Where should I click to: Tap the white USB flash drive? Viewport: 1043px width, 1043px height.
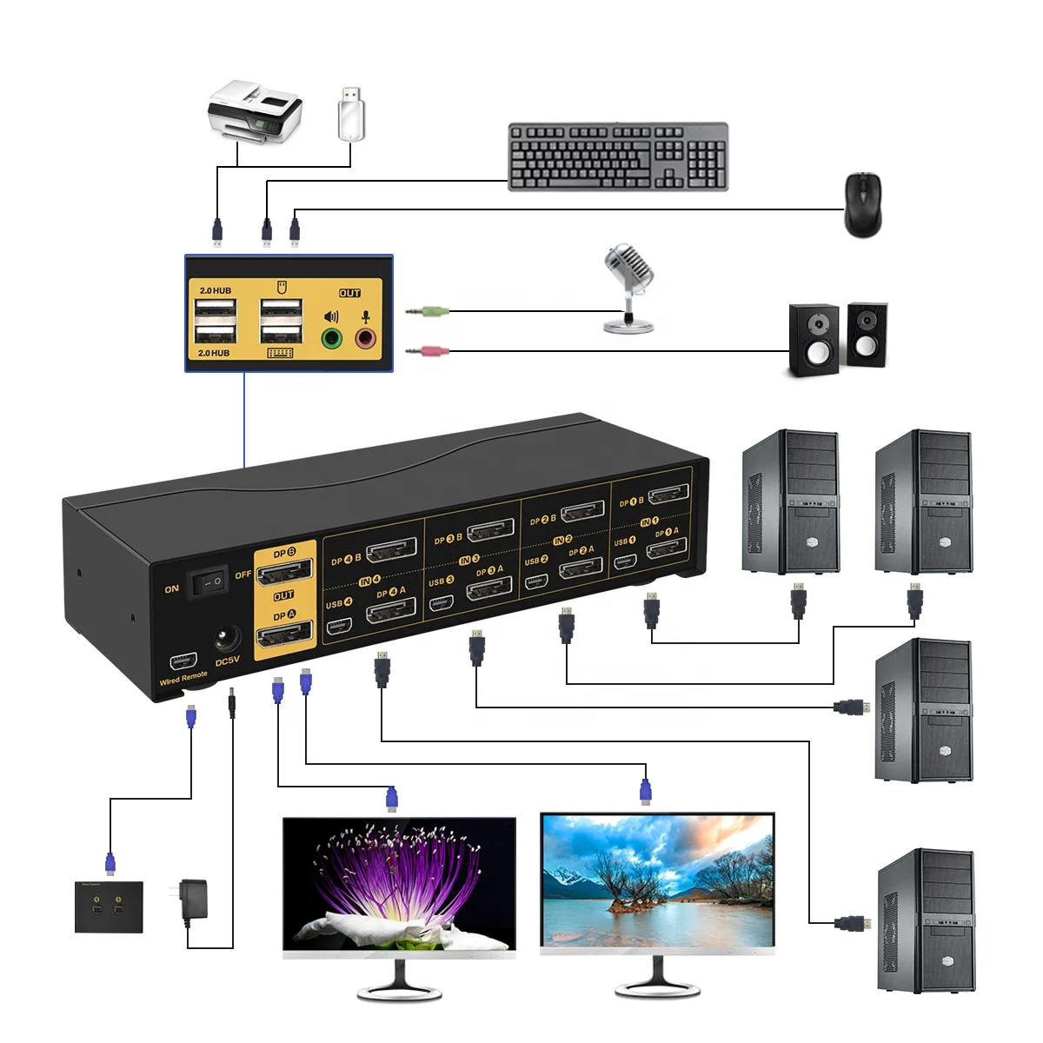point(351,113)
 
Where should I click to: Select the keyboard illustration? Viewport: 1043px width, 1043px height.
point(618,156)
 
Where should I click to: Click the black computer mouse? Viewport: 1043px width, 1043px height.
point(862,204)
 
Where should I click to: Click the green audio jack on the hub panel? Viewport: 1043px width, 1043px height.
point(331,337)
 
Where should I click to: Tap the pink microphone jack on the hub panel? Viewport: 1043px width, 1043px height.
point(366,337)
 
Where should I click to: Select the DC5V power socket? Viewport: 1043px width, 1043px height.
point(228,641)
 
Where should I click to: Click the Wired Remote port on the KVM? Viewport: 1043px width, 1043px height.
point(182,660)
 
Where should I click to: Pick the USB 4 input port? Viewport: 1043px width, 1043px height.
point(339,625)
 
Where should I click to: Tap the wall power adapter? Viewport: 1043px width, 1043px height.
point(193,900)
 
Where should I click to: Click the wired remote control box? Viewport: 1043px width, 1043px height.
point(109,907)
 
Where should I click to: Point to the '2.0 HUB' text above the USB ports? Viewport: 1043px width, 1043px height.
point(215,290)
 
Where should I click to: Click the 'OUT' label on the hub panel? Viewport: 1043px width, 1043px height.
point(349,293)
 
